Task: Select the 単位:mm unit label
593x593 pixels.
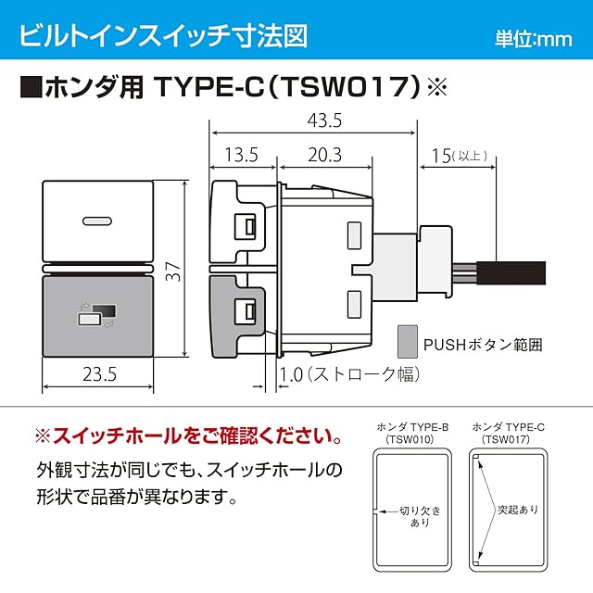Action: [x=533, y=39]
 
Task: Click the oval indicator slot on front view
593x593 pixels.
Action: [x=95, y=221]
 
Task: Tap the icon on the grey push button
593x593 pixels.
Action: [x=96, y=315]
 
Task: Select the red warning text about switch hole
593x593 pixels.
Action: [x=186, y=434]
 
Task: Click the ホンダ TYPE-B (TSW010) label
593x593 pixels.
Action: [x=410, y=432]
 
